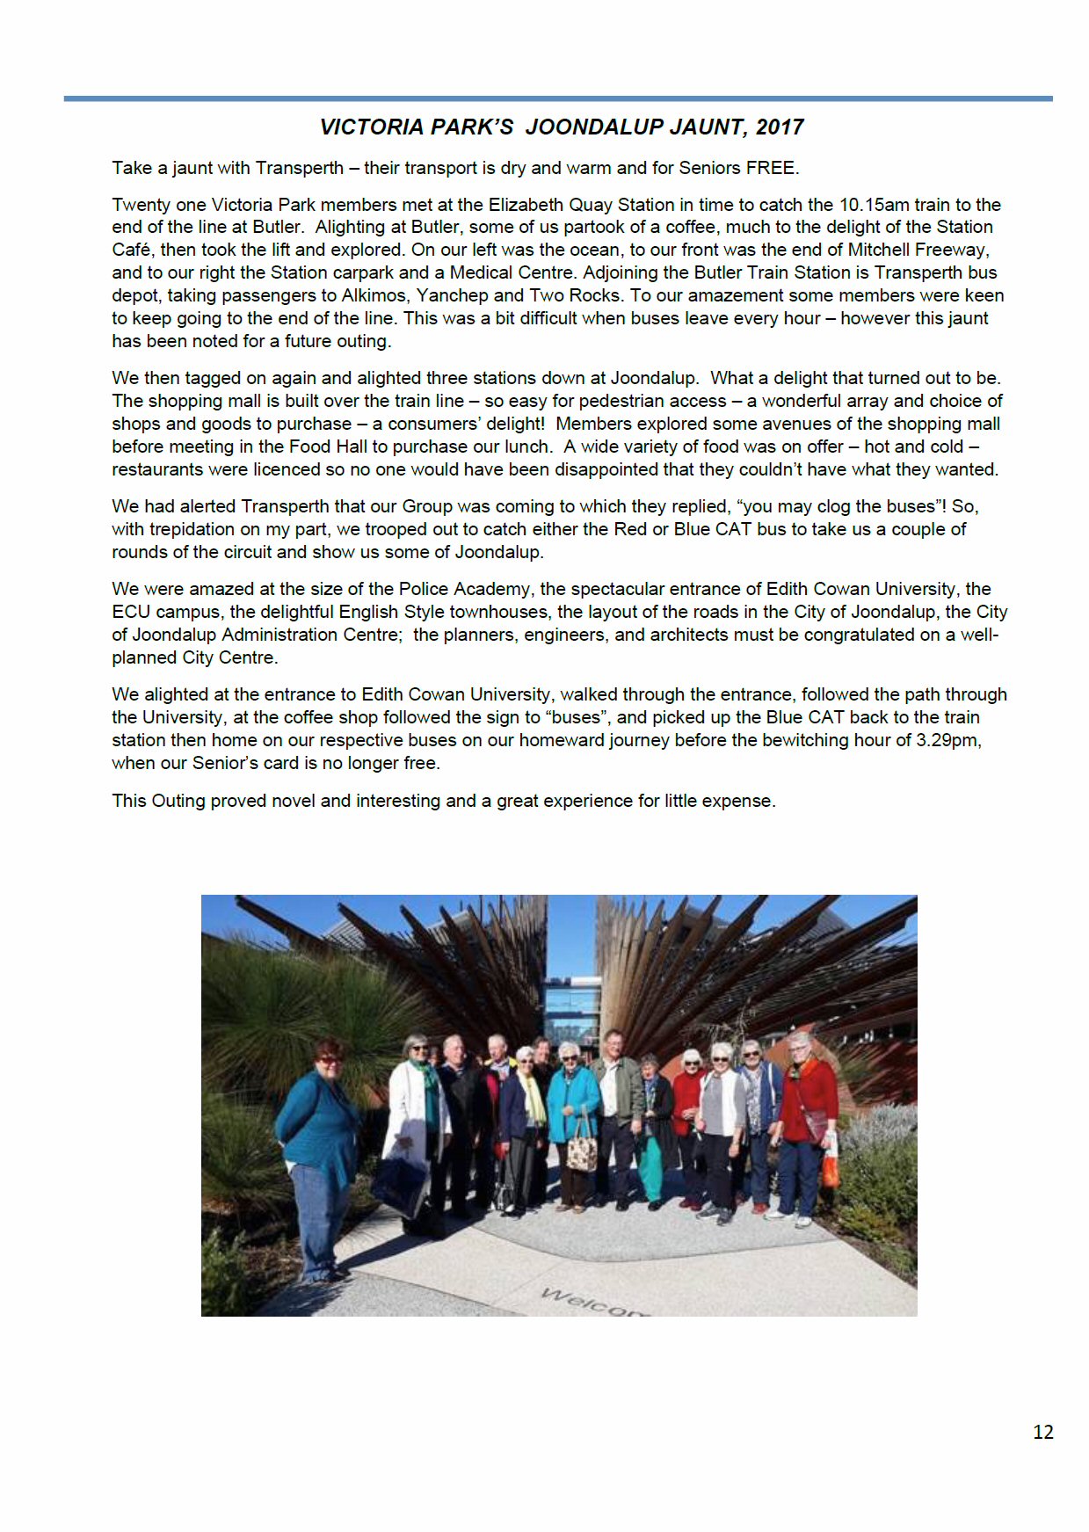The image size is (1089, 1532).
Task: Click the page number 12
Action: (1042, 1432)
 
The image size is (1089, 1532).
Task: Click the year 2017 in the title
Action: (780, 127)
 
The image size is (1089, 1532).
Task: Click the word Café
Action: (133, 250)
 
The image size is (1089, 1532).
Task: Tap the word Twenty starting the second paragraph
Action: (142, 205)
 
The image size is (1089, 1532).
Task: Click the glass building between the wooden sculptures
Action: (572, 1011)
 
